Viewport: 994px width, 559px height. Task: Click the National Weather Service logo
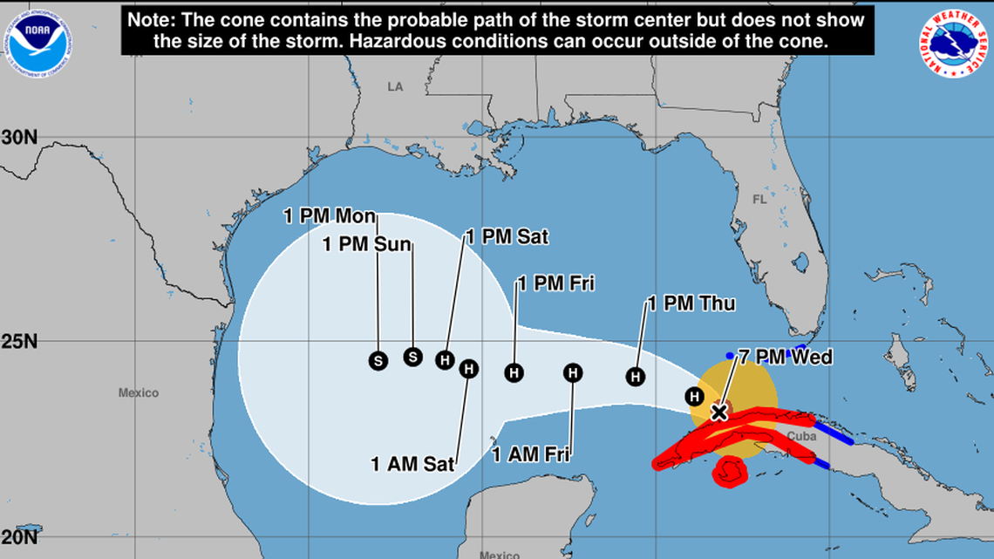click(951, 45)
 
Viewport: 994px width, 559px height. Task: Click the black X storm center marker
click(718, 412)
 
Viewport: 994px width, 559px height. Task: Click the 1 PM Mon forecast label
click(330, 216)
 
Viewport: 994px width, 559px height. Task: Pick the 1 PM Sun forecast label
click(366, 244)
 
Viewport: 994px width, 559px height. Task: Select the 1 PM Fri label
click(556, 283)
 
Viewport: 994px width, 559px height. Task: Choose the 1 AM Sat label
click(412, 464)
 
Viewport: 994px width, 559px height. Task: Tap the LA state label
click(396, 86)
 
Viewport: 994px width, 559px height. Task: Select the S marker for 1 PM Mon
click(378, 360)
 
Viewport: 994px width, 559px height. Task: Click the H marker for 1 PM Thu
click(637, 377)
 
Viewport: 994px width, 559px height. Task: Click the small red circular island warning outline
click(729, 472)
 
